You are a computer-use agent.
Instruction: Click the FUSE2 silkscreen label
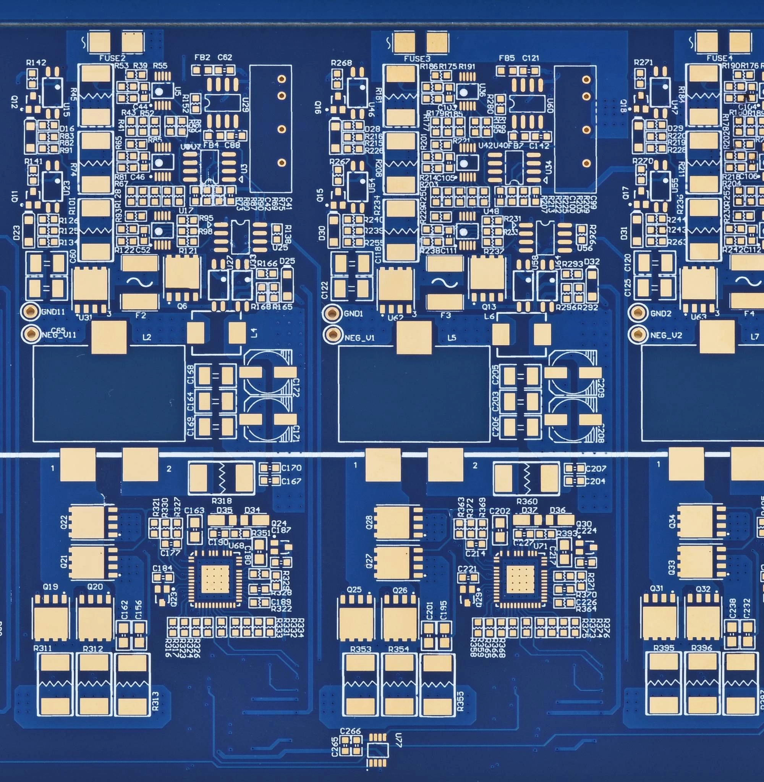[112, 58]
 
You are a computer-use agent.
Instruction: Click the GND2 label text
[661, 313]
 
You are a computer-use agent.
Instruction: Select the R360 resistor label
[527, 501]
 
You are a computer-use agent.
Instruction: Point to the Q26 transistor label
[400, 590]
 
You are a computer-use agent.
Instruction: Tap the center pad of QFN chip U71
[520, 579]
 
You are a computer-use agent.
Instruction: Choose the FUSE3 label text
[417, 59]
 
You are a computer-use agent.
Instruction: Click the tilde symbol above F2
[139, 282]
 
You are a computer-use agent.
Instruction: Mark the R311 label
[42, 648]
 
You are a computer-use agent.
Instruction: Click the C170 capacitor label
[291, 468]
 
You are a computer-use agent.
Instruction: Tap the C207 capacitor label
[596, 468]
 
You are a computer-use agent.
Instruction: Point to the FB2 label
[202, 57]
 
